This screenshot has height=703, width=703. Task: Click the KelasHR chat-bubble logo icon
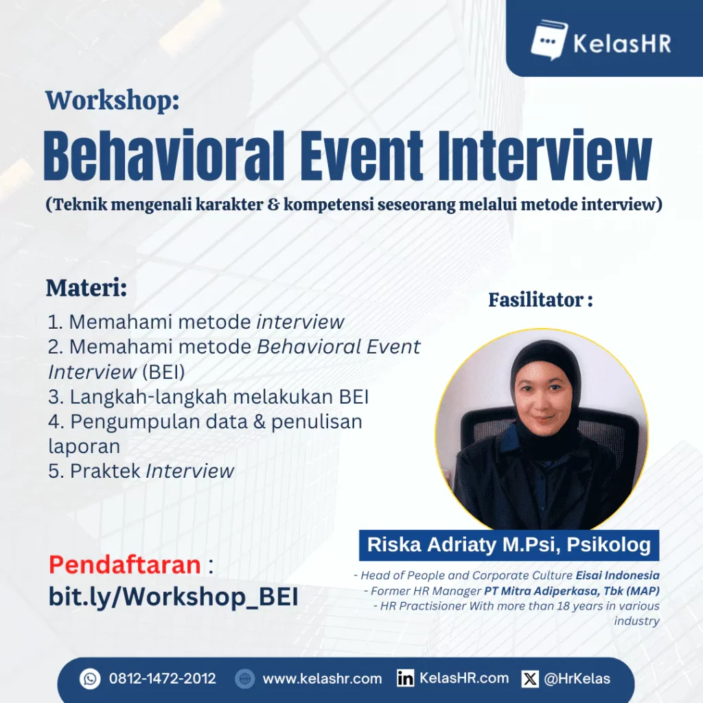tap(549, 40)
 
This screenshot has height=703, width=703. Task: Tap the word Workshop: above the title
tap(112, 100)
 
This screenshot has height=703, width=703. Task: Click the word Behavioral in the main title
tap(164, 155)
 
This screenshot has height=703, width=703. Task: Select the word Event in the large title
tap(362, 155)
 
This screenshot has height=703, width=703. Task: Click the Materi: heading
tap(87, 288)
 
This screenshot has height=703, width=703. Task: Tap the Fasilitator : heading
tap(541, 300)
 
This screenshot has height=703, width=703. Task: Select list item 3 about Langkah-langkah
tap(209, 397)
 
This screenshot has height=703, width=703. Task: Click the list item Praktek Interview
tap(141, 471)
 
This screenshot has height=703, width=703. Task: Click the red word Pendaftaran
tap(125, 564)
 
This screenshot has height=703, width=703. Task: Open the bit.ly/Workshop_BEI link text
tap(174, 597)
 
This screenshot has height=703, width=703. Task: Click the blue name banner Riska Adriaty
tap(509, 545)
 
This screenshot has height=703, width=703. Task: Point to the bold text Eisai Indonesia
tap(617, 575)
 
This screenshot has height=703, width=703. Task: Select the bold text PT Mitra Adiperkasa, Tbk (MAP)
tap(572, 591)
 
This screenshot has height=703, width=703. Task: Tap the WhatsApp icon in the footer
tap(90, 679)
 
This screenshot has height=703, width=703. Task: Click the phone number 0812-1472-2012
tap(163, 679)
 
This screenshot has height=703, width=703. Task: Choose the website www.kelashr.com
tap(323, 679)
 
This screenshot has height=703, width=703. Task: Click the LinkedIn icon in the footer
tap(405, 679)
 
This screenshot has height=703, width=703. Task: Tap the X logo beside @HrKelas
tap(530, 679)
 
